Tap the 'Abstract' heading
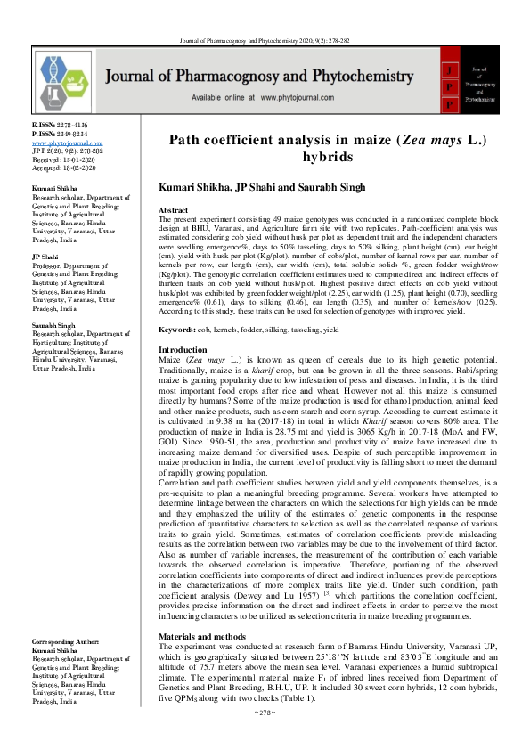174,210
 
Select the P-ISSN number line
61,135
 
